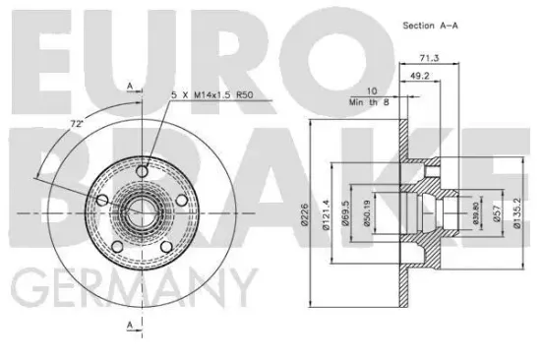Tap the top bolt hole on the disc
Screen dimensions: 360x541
point(145,173)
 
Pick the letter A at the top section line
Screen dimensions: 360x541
point(129,87)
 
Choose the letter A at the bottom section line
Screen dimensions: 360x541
point(129,324)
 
